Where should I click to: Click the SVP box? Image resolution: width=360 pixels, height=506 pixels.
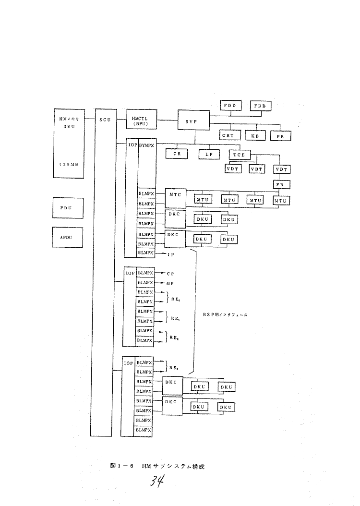(x=194, y=122)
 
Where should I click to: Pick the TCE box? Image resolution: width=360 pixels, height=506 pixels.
(x=239, y=155)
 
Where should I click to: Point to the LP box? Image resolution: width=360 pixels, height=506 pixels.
(x=209, y=155)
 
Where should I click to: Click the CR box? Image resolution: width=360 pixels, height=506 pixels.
(x=177, y=155)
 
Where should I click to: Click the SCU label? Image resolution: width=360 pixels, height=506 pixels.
(x=105, y=120)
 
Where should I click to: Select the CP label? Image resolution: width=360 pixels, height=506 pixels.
(x=170, y=273)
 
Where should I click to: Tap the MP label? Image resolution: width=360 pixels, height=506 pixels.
(x=170, y=283)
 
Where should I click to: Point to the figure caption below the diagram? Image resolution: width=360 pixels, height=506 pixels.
(x=157, y=466)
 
